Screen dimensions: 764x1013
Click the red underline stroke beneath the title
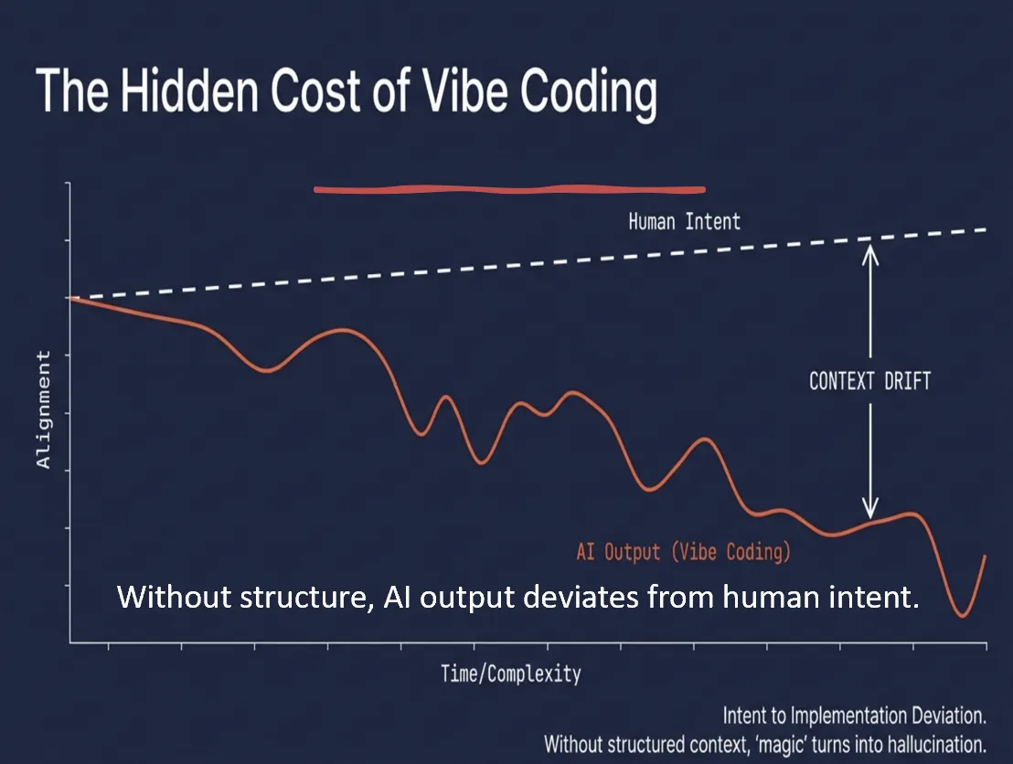pos(509,190)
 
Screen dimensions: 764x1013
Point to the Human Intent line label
pos(684,221)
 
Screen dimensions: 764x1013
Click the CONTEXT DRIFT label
pos(869,380)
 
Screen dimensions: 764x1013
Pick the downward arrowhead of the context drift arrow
pos(869,508)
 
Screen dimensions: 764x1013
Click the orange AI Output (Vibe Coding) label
pos(683,552)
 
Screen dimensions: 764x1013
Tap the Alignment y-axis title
pos(43,409)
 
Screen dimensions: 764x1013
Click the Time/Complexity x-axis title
pos(510,674)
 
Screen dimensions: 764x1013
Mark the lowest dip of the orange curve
pos(962,615)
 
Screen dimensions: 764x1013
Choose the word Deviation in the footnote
pos(949,714)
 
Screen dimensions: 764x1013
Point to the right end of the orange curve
pos(985,556)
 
